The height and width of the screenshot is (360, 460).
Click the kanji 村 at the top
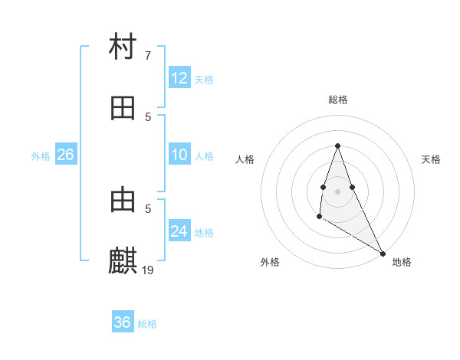coord(123,47)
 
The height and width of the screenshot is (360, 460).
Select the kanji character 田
coord(123,108)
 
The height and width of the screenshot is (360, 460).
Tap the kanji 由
coord(123,201)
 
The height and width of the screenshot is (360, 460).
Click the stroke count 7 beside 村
coord(148,56)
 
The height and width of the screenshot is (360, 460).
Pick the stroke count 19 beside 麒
coord(149,270)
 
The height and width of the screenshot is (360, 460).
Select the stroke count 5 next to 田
coord(148,116)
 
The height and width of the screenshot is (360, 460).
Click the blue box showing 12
coord(179,78)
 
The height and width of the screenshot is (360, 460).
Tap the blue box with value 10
coord(179,155)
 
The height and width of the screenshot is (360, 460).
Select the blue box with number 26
coord(65,155)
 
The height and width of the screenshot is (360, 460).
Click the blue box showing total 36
coord(123,323)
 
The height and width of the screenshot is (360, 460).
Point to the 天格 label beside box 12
coord(204,79)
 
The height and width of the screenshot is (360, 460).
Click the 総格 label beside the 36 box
coord(147,324)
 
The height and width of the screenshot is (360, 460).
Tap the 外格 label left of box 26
coord(41,156)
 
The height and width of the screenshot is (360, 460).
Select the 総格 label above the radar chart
coord(338,100)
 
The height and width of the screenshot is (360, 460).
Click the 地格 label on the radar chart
coord(402,262)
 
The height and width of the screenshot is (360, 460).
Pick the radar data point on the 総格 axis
coord(338,146)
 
